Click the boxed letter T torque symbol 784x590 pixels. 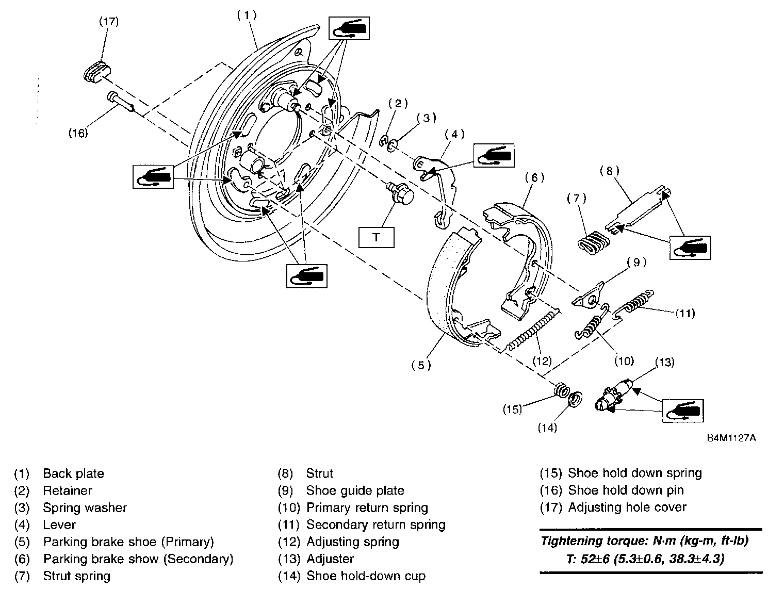(x=376, y=238)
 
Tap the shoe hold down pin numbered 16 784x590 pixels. (x=121, y=102)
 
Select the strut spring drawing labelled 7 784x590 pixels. (x=593, y=242)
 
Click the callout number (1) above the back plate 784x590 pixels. (x=247, y=15)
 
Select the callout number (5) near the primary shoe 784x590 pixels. (x=421, y=365)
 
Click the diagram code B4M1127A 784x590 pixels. (x=731, y=438)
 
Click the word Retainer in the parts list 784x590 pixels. (x=68, y=490)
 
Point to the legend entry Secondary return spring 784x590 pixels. (x=375, y=525)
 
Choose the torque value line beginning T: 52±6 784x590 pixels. (x=645, y=559)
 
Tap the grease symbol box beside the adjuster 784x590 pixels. (x=683, y=411)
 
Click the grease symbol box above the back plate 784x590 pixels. (x=349, y=28)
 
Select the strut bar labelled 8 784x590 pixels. (x=638, y=209)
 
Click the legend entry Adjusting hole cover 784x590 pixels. (x=627, y=507)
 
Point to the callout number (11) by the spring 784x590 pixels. (x=685, y=313)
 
